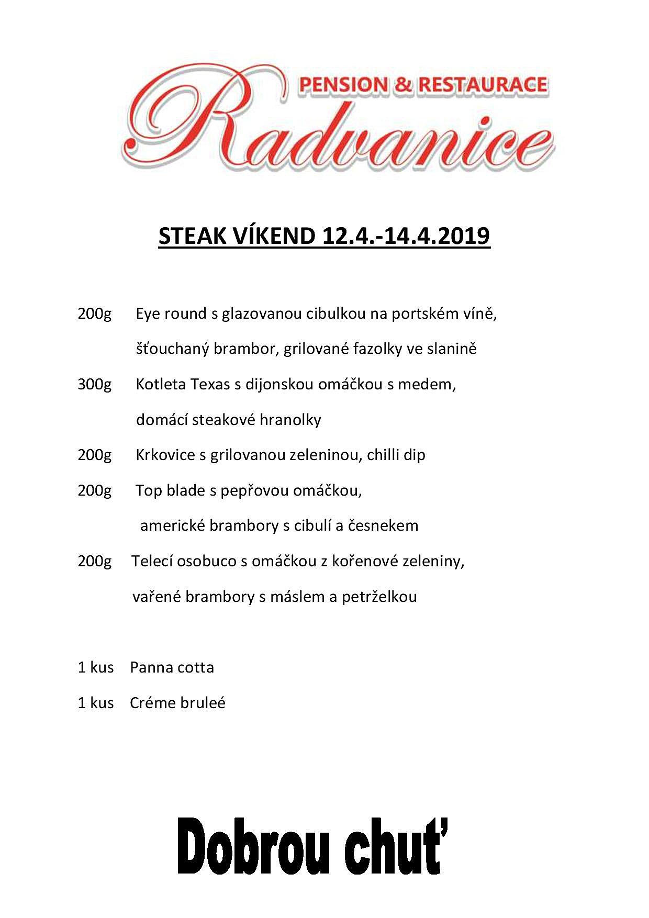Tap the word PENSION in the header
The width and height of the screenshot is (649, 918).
pyautogui.click(x=343, y=85)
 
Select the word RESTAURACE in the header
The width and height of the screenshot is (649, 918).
pyautogui.click(x=483, y=85)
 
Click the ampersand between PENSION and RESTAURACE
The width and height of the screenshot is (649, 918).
pyautogui.click(x=403, y=85)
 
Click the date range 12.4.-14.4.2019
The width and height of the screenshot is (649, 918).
pyautogui.click(x=406, y=237)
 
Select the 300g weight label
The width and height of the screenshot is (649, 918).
pyautogui.click(x=95, y=385)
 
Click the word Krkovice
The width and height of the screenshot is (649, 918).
pyautogui.click(x=165, y=455)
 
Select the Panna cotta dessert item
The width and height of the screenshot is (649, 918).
pyautogui.click(x=172, y=668)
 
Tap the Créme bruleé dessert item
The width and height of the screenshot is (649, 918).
pyautogui.click(x=177, y=703)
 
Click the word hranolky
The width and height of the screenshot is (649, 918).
pyautogui.click(x=290, y=420)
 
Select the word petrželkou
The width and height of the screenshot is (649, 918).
pyautogui.click(x=379, y=597)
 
